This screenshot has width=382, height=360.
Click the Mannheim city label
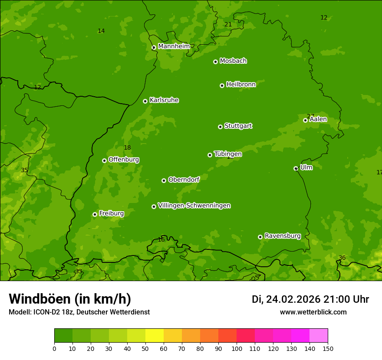coord(174,46)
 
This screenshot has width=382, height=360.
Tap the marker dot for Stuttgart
coord(220,127)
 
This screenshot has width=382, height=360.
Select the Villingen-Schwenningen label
coord(194,206)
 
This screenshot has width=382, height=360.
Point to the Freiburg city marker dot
coord(95,214)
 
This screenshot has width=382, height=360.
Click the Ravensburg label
coord(283,236)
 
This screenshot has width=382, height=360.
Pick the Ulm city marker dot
coord(296,168)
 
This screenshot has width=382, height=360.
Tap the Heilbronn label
coord(241,85)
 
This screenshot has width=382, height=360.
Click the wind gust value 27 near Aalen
coord(310,116)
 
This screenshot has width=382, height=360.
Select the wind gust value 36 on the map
coord(342,258)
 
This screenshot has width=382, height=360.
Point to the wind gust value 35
coord(24,170)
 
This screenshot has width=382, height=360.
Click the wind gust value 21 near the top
coord(228,25)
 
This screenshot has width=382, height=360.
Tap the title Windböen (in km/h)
coord(70,299)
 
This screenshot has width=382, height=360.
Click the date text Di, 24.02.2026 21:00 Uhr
coord(310,299)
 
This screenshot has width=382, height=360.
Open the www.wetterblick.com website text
coord(313,312)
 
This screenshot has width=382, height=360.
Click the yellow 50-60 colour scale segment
coord(155,336)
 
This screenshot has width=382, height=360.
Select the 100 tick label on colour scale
coord(237,348)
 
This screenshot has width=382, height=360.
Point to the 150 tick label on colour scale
coord(328,348)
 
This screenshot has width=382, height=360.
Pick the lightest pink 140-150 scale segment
coord(319,336)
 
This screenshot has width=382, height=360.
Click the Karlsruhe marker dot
coord(145,101)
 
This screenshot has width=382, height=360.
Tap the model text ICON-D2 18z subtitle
coord(79,312)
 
